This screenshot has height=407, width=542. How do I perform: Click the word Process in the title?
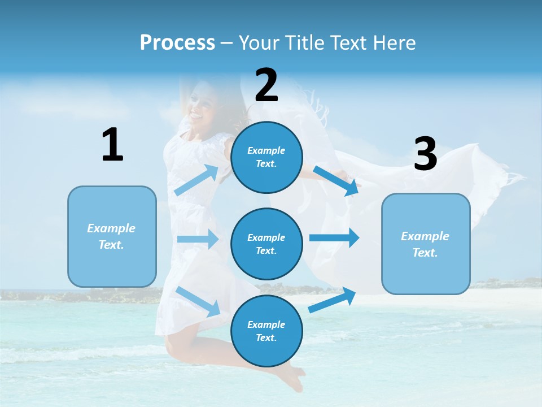(x=177, y=42)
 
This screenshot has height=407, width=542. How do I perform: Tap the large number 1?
(x=112, y=145)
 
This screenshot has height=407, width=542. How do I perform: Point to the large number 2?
(x=266, y=85)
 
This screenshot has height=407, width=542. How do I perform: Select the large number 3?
(x=425, y=154)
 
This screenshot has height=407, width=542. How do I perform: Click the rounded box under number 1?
(x=112, y=236)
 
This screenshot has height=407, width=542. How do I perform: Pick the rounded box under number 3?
(x=426, y=244)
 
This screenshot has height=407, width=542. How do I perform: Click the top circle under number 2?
(x=266, y=157)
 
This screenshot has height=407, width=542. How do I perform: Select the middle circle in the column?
(x=266, y=244)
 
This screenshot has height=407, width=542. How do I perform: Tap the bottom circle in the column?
(x=266, y=331)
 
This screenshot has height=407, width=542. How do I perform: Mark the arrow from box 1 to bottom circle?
(x=198, y=301)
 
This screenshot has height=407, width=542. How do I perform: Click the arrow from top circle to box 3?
(x=336, y=180)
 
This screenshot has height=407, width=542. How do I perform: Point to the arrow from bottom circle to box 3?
(x=333, y=300)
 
